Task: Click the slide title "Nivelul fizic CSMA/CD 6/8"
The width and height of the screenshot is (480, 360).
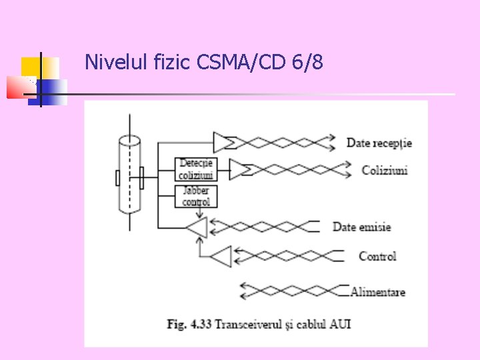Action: click(x=204, y=63)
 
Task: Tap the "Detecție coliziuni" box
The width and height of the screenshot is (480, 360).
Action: click(x=196, y=169)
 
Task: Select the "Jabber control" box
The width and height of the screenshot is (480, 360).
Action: click(x=196, y=196)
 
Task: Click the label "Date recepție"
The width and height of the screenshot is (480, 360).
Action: click(x=379, y=143)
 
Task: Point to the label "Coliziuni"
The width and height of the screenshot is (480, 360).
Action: click(x=385, y=170)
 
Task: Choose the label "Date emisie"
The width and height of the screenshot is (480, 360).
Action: click(x=361, y=227)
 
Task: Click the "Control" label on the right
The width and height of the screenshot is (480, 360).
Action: click(x=377, y=256)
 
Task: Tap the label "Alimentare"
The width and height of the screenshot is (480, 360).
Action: click(x=378, y=291)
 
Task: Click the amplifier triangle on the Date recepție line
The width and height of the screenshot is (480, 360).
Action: click(x=223, y=141)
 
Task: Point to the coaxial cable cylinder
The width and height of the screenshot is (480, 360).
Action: click(x=129, y=173)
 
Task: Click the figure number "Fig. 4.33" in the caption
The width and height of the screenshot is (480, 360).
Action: click(x=186, y=325)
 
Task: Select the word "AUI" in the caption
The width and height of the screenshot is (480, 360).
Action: click(x=339, y=325)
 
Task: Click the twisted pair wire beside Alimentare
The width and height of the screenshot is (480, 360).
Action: click(x=293, y=291)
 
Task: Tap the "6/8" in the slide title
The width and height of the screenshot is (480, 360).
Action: click(x=307, y=63)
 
